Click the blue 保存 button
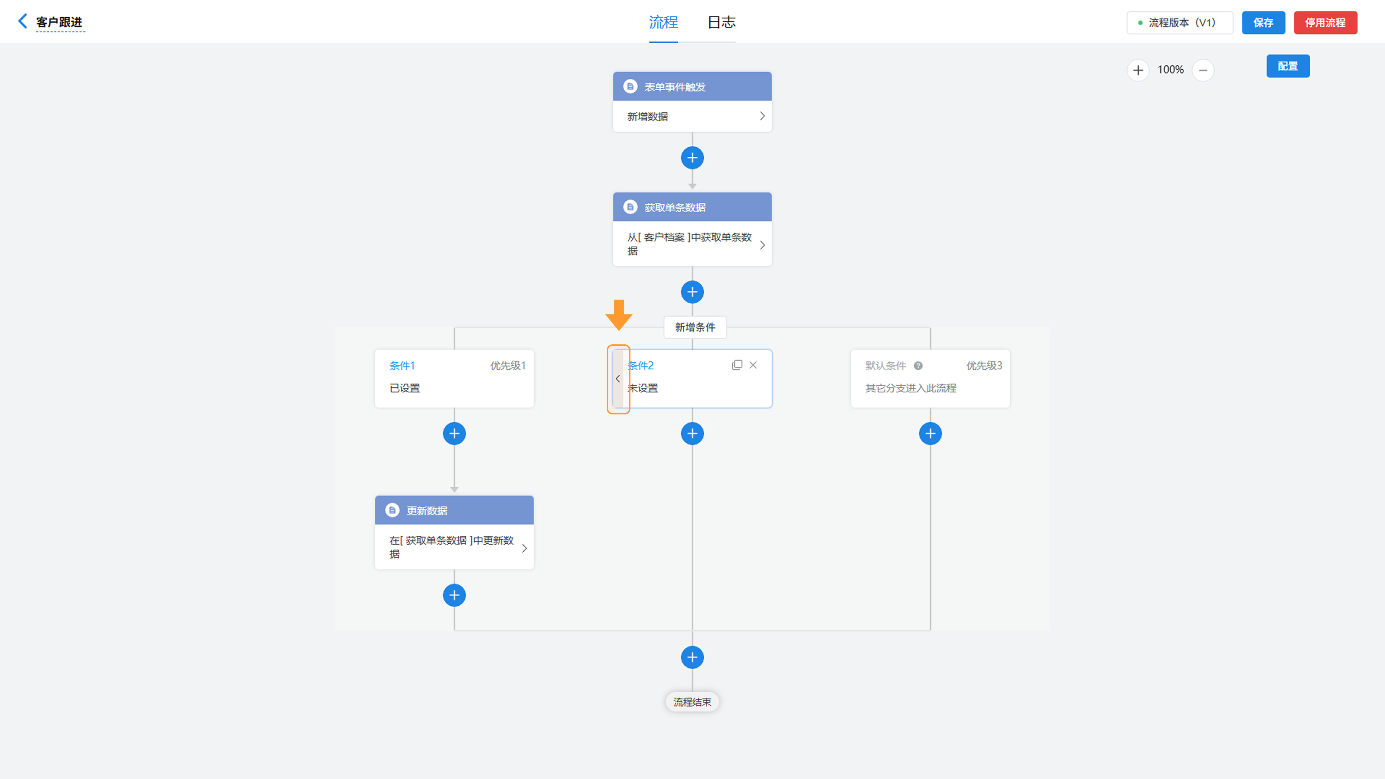(1263, 23)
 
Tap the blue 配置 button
(1288, 66)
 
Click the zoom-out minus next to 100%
(1203, 70)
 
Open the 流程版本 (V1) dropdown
(1180, 23)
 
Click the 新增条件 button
(695, 327)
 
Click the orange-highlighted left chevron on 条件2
(618, 379)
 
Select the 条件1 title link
(402, 366)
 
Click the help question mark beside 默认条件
(918, 366)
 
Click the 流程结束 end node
(692, 702)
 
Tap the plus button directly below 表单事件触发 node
(692, 158)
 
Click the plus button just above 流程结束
(692, 657)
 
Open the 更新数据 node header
(454, 510)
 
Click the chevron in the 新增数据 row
(762, 116)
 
